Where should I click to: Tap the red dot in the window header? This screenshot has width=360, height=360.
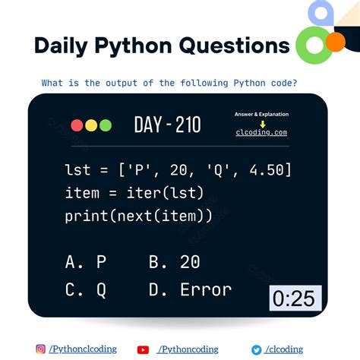click(x=77, y=125)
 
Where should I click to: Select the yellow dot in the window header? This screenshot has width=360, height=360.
click(x=91, y=125)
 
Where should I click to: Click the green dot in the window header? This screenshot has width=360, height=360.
click(x=105, y=125)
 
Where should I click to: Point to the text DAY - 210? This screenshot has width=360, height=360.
click(x=167, y=125)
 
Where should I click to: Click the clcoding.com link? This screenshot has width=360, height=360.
click(x=261, y=132)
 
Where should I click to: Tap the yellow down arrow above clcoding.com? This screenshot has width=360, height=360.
click(x=261, y=123)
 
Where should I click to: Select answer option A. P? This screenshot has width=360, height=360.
click(x=86, y=262)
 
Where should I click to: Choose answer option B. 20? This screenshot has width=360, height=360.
click(x=175, y=262)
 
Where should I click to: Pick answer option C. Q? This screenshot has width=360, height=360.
click(x=86, y=289)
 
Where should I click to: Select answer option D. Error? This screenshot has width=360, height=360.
click(x=190, y=289)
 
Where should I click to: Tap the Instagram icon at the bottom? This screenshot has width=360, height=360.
click(x=40, y=349)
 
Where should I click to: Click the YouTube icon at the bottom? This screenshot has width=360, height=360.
click(x=143, y=349)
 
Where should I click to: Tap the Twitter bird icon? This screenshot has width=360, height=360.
click(x=257, y=349)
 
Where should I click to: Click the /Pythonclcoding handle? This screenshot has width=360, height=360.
click(x=83, y=349)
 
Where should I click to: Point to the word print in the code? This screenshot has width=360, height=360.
click(x=86, y=216)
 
